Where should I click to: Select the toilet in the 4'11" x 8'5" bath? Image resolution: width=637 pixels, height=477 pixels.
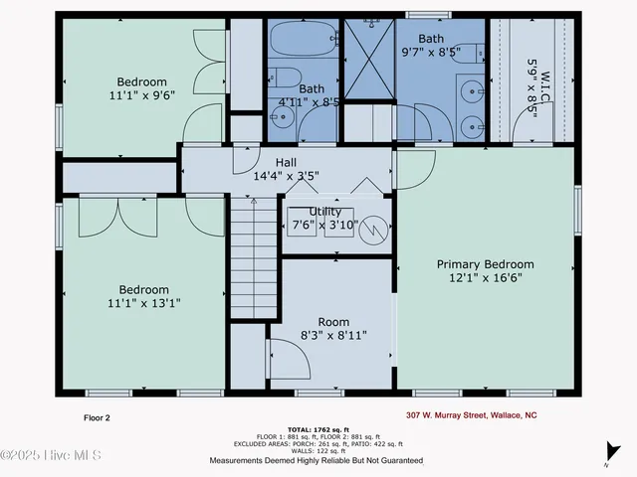coord(283,78)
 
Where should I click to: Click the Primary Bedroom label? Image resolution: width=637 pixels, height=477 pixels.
coord(486,264)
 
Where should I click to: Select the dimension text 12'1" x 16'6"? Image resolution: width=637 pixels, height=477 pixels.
coord(486,279)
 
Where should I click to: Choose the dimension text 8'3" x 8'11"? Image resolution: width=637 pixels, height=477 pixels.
coord(333,336)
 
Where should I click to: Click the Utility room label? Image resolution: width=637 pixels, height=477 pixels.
coord(325,212)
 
